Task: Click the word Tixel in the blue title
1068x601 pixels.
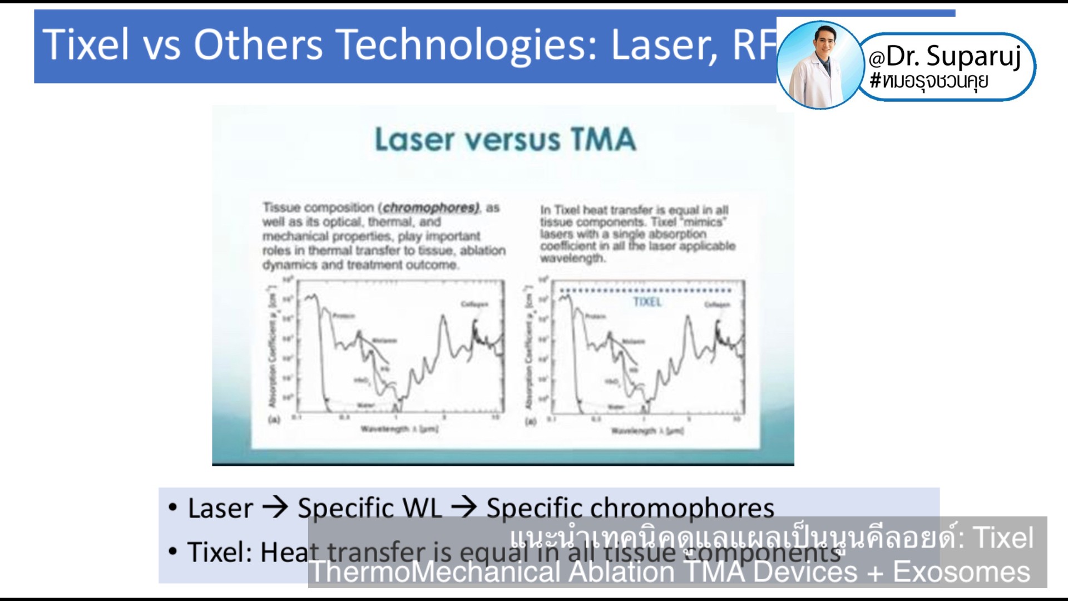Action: coord(86,45)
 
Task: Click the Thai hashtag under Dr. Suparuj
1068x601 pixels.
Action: coord(929,81)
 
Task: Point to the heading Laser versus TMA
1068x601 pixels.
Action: coord(505,139)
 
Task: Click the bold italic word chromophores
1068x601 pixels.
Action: coord(431,208)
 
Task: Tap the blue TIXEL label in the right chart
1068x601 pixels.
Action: coord(647,302)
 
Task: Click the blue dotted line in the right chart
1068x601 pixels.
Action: coord(645,290)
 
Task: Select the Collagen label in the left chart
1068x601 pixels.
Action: coord(474,304)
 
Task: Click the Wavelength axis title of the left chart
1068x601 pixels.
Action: coord(399,428)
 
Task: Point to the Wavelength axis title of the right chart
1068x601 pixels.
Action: coord(647,431)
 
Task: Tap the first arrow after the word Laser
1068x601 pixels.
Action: coord(275,507)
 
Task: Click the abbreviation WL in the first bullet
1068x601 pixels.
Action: coord(422,508)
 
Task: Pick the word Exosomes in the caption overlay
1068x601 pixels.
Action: coord(961,572)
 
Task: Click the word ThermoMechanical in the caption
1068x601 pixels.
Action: coord(434,572)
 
